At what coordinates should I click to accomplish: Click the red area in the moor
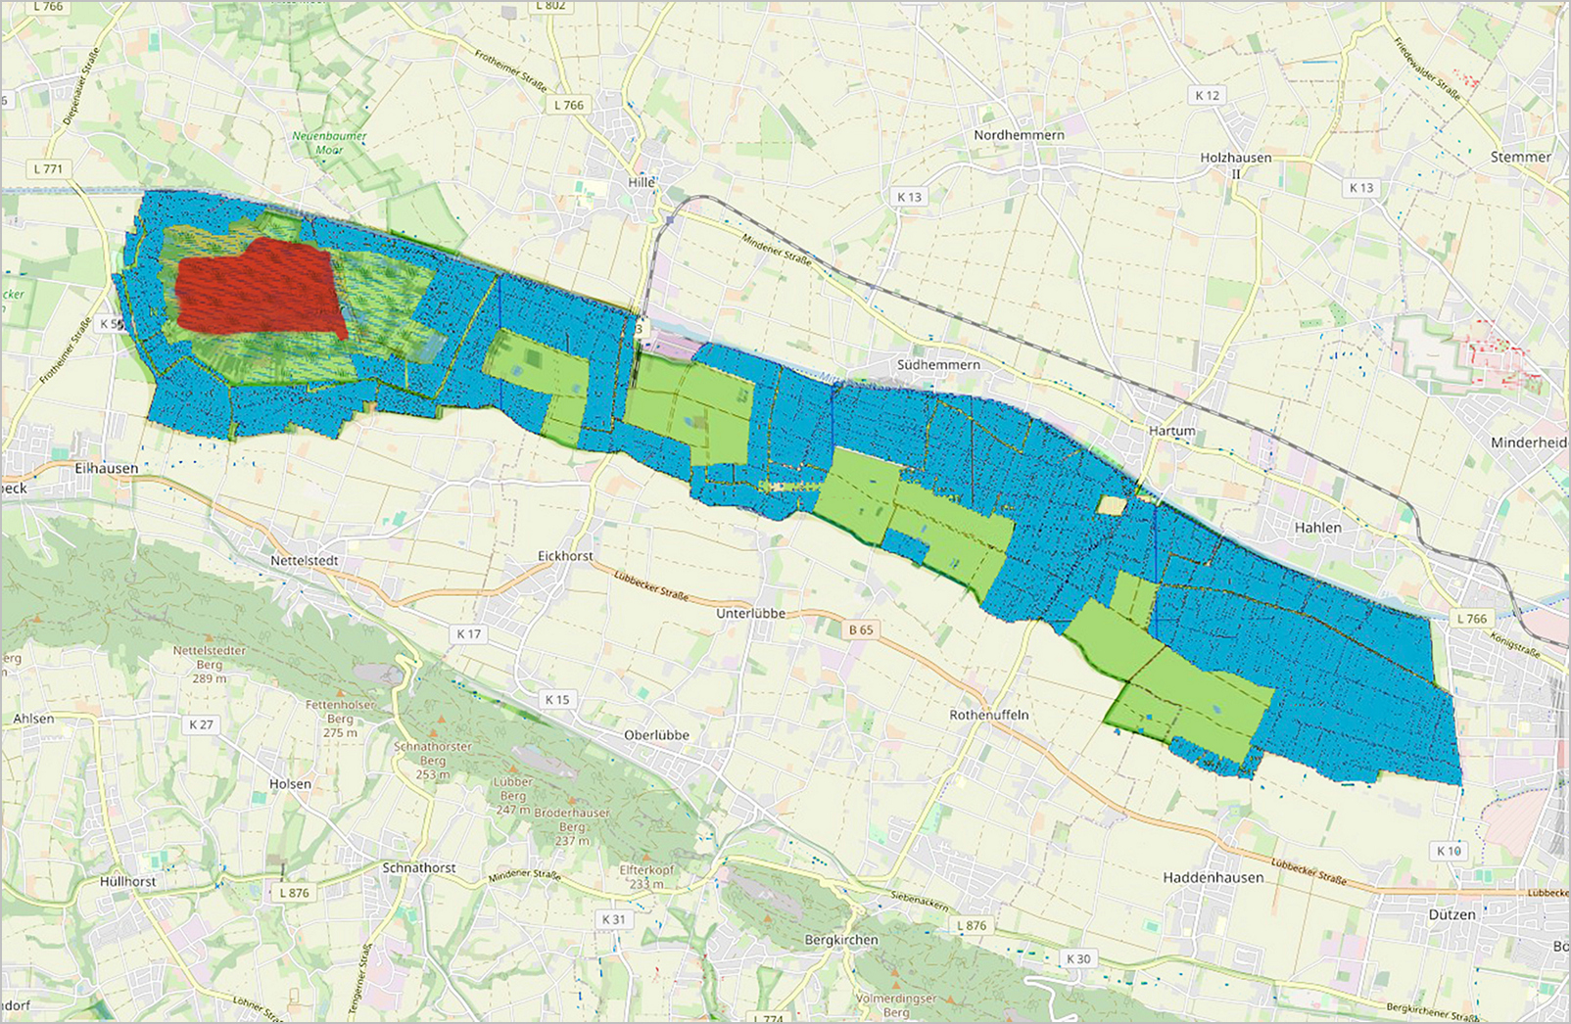260,289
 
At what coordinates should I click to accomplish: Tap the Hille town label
642,182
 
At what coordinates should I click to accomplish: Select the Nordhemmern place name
1019,134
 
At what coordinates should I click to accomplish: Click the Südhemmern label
938,364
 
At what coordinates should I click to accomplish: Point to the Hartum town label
1171,431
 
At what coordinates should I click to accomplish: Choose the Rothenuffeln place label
988,715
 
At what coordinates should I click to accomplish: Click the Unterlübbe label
751,613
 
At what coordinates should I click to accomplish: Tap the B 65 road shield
860,629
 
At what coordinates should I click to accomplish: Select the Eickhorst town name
565,556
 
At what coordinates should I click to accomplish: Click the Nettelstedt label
305,561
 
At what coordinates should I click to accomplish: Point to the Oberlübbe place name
656,735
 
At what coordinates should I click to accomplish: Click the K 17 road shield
468,634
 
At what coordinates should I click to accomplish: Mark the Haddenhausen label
1213,878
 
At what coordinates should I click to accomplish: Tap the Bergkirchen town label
841,940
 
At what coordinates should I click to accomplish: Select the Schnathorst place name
418,867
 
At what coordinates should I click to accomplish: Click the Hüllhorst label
127,881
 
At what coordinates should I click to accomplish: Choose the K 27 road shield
201,724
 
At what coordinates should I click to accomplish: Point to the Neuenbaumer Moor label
330,143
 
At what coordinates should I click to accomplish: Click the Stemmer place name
1520,157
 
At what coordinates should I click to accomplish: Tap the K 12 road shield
1207,95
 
